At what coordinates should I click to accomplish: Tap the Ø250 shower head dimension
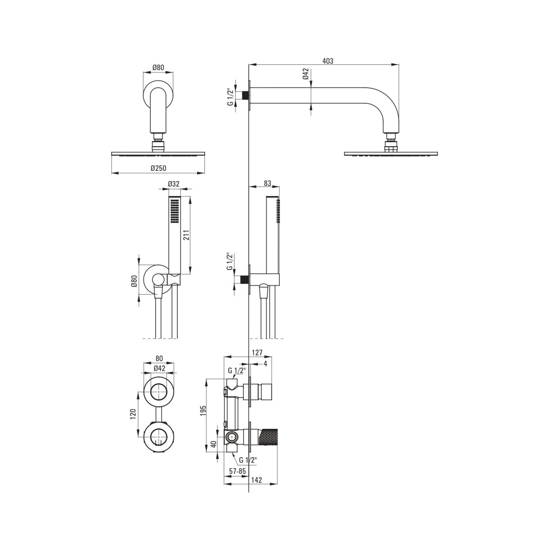click(158, 168)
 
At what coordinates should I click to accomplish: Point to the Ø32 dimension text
click(174, 184)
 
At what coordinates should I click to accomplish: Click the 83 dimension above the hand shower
click(268, 183)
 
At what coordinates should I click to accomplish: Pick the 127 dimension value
click(257, 352)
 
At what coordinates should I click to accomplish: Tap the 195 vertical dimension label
click(203, 410)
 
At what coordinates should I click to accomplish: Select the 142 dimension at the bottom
click(256, 480)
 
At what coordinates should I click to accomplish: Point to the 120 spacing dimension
click(133, 414)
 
